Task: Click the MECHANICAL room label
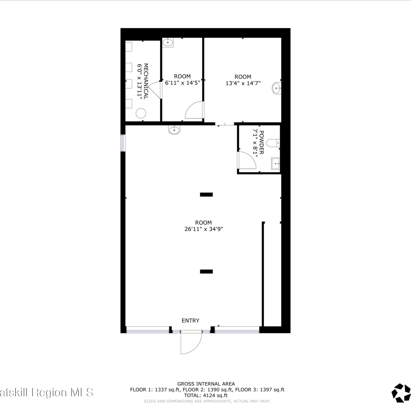click(x=146, y=81)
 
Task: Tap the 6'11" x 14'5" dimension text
click(x=182, y=83)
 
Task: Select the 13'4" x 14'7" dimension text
click(x=243, y=83)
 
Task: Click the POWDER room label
click(x=261, y=142)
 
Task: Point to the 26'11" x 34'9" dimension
click(x=204, y=229)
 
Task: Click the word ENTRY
click(x=190, y=321)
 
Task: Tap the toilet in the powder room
click(x=273, y=143)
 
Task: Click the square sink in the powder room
click(x=276, y=164)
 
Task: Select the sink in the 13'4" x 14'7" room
click(x=276, y=88)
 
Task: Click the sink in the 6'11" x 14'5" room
click(x=168, y=42)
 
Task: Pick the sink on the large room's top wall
click(x=174, y=130)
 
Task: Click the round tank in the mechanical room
click(x=141, y=113)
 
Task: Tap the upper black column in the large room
click(x=206, y=195)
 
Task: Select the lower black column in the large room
click(x=206, y=272)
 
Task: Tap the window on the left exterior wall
click(x=123, y=143)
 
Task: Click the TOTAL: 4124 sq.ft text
click(x=206, y=395)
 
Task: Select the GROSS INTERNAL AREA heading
click(x=206, y=384)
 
